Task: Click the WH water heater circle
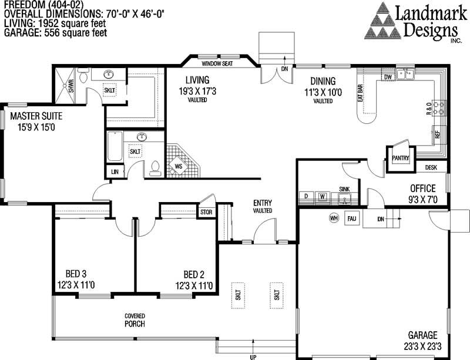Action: [334, 218]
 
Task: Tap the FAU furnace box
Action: [352, 218]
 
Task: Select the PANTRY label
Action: [400, 158]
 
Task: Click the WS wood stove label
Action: [178, 167]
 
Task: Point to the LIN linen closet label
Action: [114, 171]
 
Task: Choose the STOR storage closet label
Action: [206, 211]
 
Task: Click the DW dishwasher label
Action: [388, 77]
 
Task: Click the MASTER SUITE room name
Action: [36, 116]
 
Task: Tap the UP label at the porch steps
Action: [253, 356]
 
